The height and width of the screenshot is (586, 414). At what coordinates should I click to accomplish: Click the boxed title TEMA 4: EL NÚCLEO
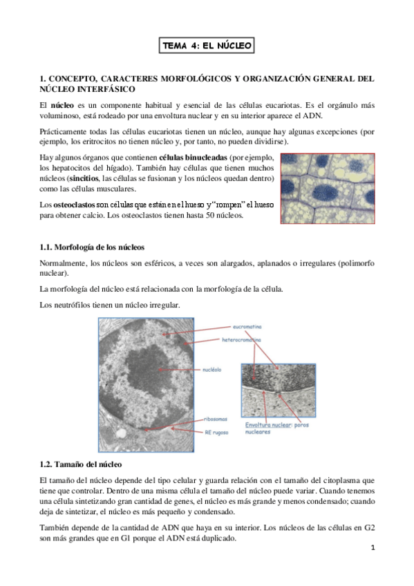tap(207, 46)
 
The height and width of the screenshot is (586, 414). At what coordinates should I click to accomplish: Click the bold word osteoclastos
tap(75, 205)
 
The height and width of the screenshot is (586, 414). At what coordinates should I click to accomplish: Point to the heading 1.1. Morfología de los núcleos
tap(92, 247)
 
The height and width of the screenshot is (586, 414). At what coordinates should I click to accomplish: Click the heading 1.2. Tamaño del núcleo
tap(81, 464)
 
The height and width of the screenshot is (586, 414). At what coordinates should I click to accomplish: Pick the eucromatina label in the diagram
tap(247, 327)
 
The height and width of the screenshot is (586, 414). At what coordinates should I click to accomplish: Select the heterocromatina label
tap(241, 340)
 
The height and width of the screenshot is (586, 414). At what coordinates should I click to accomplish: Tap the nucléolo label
tap(212, 370)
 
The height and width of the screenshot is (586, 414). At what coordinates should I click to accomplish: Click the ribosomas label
tap(216, 419)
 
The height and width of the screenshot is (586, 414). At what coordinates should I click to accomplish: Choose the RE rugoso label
tap(216, 433)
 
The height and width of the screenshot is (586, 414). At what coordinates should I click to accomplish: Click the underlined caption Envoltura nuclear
tap(268, 425)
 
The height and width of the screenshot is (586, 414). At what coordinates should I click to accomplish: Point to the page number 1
tap(373, 548)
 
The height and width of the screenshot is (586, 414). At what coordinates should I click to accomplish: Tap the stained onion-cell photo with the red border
tap(328, 189)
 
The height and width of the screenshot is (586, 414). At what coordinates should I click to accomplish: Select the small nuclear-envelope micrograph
tap(279, 390)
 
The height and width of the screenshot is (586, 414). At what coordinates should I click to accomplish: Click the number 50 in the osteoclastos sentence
tap(210, 216)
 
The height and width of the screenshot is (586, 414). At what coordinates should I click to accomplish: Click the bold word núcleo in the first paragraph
tap(62, 106)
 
